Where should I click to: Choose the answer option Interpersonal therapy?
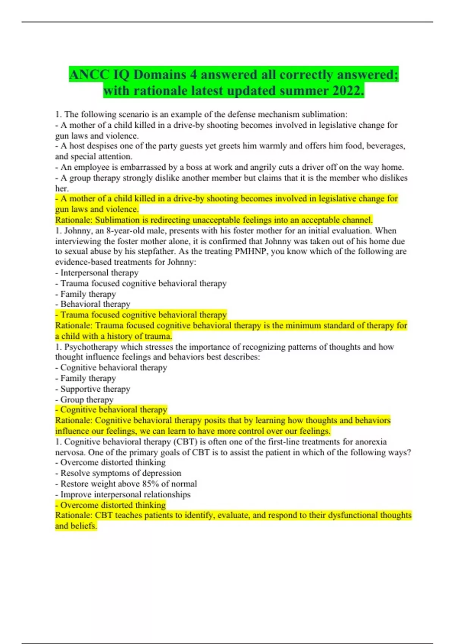point(99,273)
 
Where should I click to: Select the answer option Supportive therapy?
point(95,389)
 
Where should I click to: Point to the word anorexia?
point(370,442)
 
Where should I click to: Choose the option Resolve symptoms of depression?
point(121,473)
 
